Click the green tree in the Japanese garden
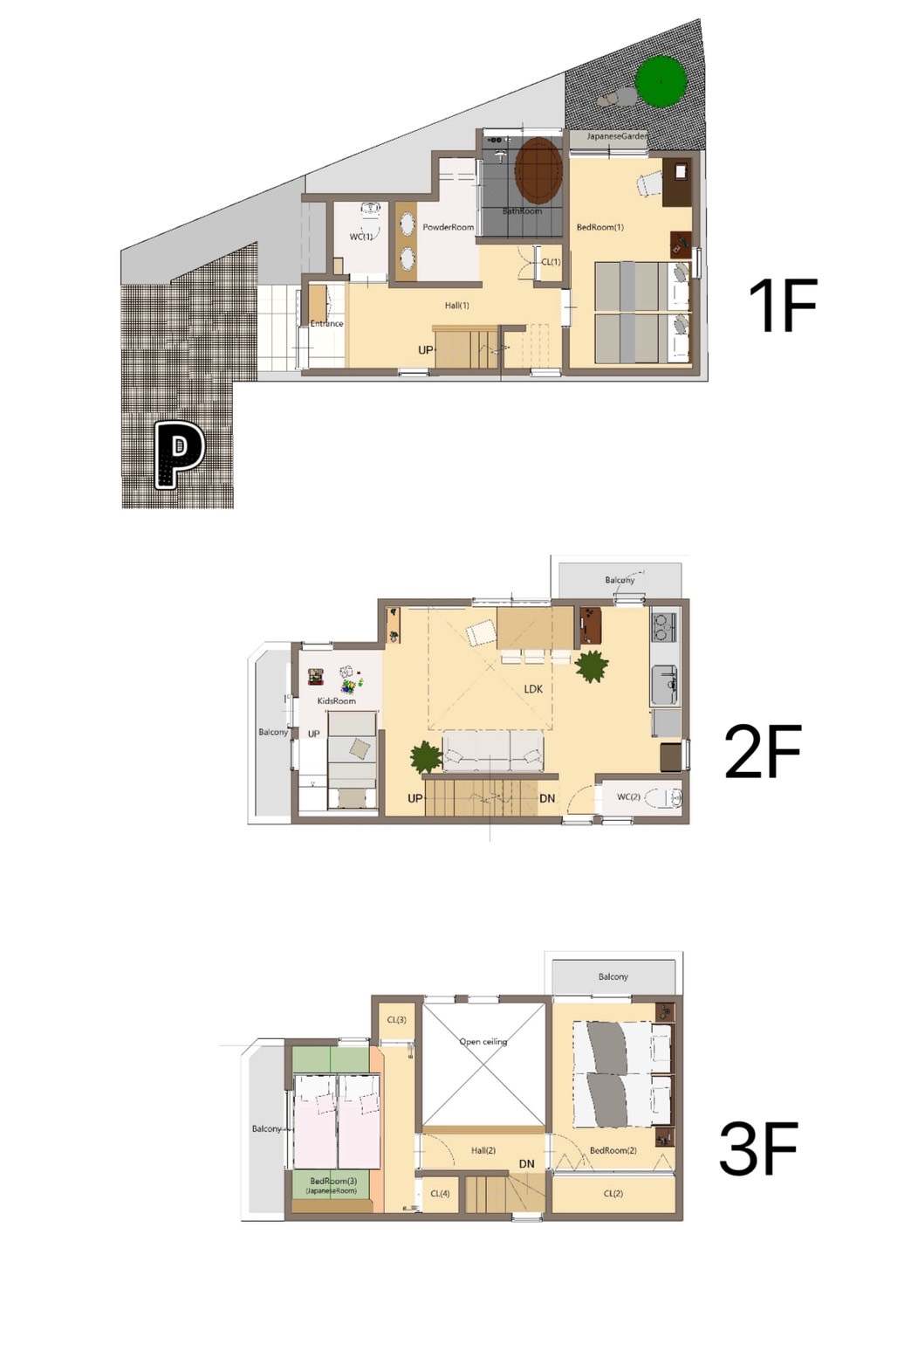pyautogui.click(x=661, y=81)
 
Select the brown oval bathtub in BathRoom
pyautogui.click(x=538, y=172)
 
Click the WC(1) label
pyautogui.click(x=360, y=237)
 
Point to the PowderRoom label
pyautogui.click(x=448, y=227)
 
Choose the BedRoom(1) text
pyautogui.click(x=599, y=227)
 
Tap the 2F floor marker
pyautogui.click(x=763, y=750)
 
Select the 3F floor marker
pyautogui.click(x=757, y=1148)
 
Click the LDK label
pyautogui.click(x=533, y=689)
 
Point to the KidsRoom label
pyautogui.click(x=336, y=700)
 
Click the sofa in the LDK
pyautogui.click(x=492, y=750)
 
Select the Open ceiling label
pyautogui.click(x=483, y=1042)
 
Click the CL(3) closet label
pyautogui.click(x=396, y=1020)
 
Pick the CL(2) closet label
pyautogui.click(x=613, y=1193)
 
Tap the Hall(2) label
pyautogui.click(x=483, y=1150)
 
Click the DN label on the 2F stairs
pyautogui.click(x=547, y=798)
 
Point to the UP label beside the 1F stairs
pyautogui.click(x=426, y=350)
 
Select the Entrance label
pyautogui.click(x=326, y=323)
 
